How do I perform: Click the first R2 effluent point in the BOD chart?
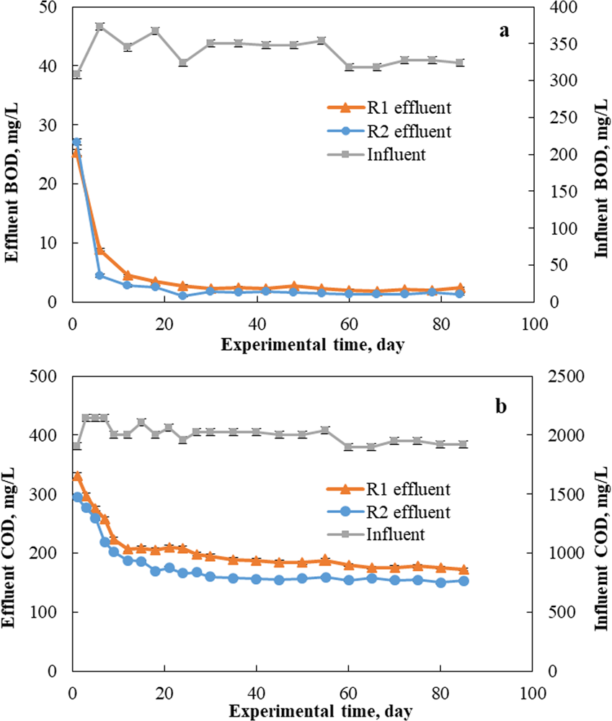tap(76, 142)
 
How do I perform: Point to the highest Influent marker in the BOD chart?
tap(99, 27)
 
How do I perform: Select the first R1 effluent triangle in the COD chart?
tap(77, 476)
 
